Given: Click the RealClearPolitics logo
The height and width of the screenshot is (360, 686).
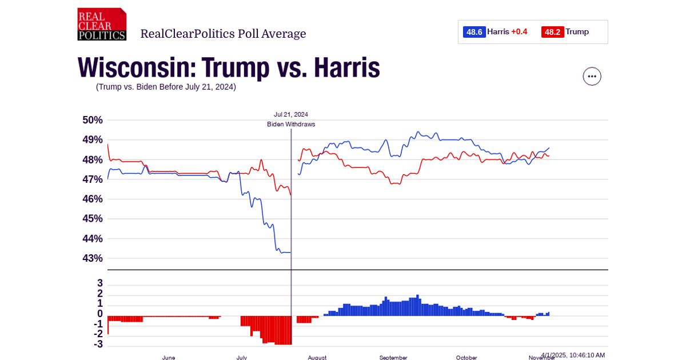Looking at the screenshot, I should point(102,24).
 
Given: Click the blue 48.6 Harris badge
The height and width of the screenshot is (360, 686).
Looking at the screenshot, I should point(474,32).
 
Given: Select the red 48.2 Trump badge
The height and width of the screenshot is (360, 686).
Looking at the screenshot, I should point(552,32).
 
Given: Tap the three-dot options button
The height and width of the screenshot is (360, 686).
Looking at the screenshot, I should point(592,76).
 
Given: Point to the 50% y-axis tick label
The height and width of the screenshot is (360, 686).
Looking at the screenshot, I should point(93,120).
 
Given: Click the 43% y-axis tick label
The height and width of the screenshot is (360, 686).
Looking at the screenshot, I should point(93,258).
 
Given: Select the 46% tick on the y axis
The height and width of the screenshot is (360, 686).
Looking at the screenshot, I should point(93,199).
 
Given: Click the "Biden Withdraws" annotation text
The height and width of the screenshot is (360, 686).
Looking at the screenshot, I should point(291,124).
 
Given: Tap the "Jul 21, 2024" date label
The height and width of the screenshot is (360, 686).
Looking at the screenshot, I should point(291,114).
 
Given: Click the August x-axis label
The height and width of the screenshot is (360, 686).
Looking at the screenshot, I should point(317,358).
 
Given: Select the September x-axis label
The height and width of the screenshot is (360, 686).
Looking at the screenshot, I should point(393,358).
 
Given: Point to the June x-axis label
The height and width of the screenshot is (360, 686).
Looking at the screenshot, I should point(169,358).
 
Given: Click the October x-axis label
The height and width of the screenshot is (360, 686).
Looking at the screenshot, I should point(466,358).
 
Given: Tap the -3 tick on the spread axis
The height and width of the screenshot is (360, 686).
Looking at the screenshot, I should point(98,344).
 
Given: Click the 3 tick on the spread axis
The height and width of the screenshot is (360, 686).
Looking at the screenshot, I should point(100,283).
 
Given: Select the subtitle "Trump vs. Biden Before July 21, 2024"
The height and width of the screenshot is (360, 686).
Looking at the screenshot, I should point(166,87).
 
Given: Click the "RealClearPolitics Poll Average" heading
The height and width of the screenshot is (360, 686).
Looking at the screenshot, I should point(223,34).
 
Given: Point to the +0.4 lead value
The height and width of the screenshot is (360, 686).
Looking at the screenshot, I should point(519,32).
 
